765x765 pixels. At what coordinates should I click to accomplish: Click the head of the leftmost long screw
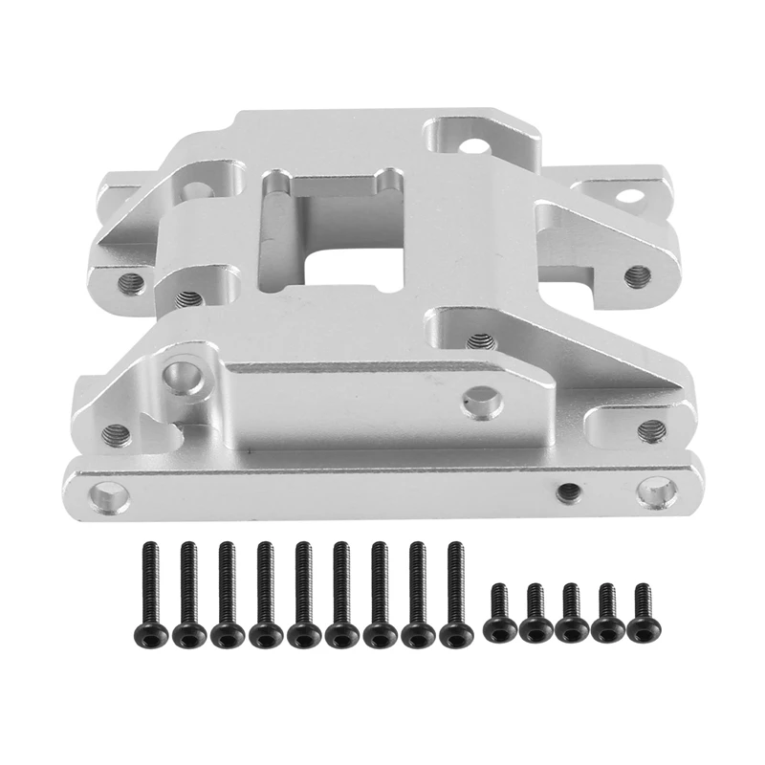click(x=149, y=633)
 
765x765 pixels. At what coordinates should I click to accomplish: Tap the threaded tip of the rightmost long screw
click(x=455, y=550)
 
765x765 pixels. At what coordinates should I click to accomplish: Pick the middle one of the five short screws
click(x=571, y=612)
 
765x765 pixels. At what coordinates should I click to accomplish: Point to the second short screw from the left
click(x=533, y=612)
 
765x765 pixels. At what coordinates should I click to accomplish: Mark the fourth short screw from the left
click(x=606, y=612)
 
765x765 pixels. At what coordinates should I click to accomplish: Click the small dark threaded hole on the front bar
click(x=567, y=491)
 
